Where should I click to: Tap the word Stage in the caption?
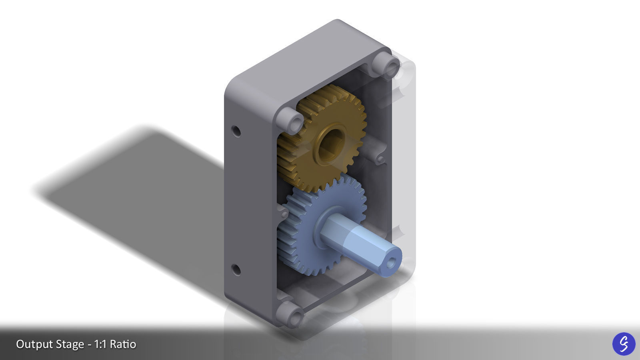68,344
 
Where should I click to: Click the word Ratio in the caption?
123,344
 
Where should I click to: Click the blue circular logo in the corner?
624,344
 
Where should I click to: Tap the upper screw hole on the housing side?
236,131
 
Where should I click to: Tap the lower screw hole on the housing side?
236,270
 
